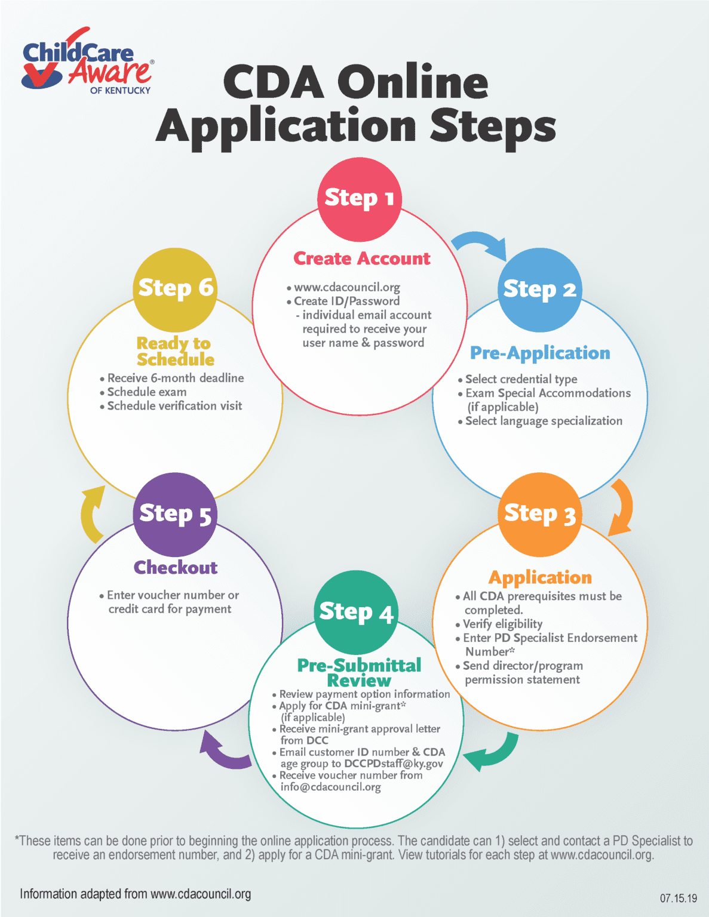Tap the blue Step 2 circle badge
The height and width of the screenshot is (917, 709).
tap(539, 290)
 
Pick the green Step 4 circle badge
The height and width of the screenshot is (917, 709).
tap(355, 613)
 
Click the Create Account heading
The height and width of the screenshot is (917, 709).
tap(361, 259)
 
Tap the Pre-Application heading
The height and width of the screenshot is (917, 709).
tap(540, 353)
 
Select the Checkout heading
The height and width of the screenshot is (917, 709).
tap(176, 567)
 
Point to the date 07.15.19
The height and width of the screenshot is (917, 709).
tap(678, 898)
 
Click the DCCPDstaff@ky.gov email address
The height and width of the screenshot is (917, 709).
tap(394, 764)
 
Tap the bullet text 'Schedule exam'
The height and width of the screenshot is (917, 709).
tap(147, 392)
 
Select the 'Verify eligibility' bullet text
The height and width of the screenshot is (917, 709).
tap(503, 624)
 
